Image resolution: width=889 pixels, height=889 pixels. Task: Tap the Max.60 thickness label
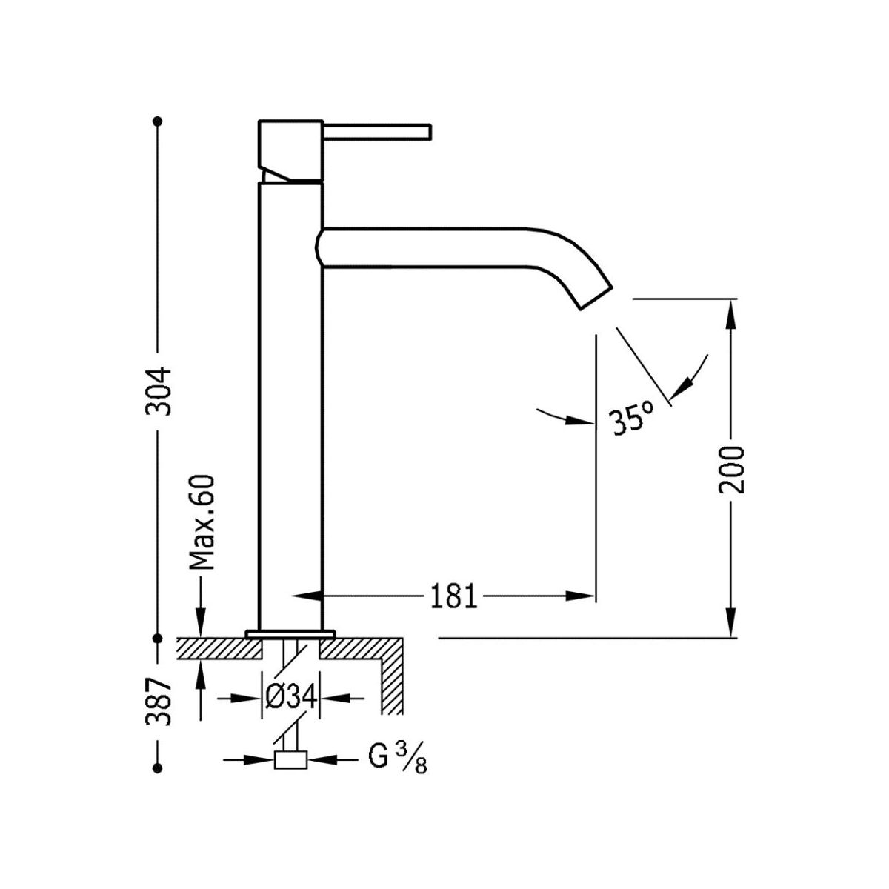(202, 522)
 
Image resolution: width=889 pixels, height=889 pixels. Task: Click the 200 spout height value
(731, 470)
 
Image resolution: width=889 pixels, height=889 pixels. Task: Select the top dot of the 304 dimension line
(157, 121)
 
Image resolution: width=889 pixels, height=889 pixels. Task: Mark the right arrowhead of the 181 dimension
(583, 596)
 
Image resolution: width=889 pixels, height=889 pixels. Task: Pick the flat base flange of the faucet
(290, 633)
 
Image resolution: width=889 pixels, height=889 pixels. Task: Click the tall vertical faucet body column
(290, 407)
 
